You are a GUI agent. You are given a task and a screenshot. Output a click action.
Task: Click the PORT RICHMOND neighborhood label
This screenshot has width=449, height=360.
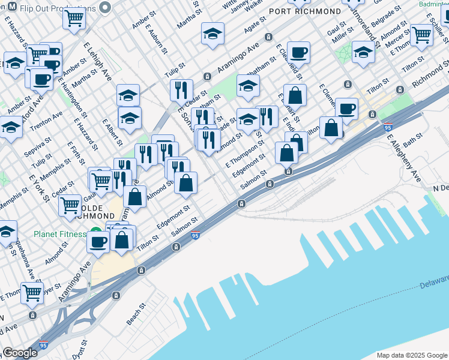(x=305, y=11)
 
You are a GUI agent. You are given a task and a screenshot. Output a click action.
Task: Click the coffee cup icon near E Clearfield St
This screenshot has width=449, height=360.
(x=298, y=52)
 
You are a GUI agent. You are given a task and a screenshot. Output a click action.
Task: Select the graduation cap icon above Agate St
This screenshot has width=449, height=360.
(x=212, y=34)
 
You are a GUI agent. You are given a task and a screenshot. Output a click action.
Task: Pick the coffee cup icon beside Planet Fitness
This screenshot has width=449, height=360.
(x=98, y=241)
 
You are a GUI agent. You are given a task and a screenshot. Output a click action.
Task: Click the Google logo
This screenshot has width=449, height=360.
(x=20, y=353)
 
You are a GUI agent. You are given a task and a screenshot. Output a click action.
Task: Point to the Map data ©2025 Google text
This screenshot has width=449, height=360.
(x=412, y=355)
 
